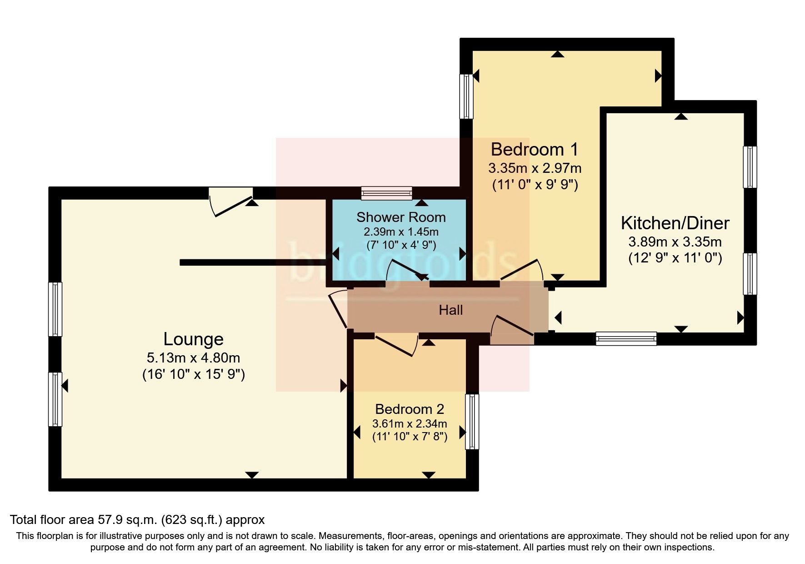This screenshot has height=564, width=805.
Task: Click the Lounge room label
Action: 193,339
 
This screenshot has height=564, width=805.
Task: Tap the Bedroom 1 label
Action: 535,149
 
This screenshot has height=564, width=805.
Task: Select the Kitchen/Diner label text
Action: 675,223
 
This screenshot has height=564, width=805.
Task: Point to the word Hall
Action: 450,310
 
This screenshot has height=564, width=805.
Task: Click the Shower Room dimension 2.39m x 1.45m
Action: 401,232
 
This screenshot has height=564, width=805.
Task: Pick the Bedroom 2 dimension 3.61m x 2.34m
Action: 410,424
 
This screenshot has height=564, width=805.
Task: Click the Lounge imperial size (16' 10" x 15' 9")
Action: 193,375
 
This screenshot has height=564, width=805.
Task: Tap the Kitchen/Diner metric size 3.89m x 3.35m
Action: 675,242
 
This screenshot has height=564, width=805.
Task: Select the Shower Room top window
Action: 387,193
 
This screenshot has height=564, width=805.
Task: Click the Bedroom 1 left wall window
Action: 466,96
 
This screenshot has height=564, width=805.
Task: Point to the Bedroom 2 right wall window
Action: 472,422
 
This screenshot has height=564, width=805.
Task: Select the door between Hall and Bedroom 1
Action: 522,272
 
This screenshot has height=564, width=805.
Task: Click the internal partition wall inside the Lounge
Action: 253,262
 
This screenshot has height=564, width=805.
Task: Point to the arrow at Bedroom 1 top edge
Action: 558,54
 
